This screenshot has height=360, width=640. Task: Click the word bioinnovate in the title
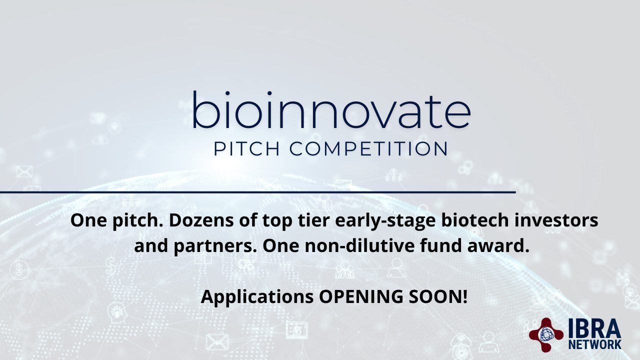pos(331,110)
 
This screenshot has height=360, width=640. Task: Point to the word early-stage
pos(385,221)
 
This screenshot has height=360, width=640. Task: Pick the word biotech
pos(475,220)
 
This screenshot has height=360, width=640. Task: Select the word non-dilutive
pos(359,246)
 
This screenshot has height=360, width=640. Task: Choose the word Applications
pos(257,297)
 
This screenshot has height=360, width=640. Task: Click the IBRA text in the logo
pos(594,328)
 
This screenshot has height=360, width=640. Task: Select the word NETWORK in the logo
pos(594,344)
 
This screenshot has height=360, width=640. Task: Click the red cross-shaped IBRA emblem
pos(546,334)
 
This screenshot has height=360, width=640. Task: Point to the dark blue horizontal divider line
pos(257,192)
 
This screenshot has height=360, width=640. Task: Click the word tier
pos(313,220)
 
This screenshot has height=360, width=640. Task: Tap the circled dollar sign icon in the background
pos(19,269)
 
